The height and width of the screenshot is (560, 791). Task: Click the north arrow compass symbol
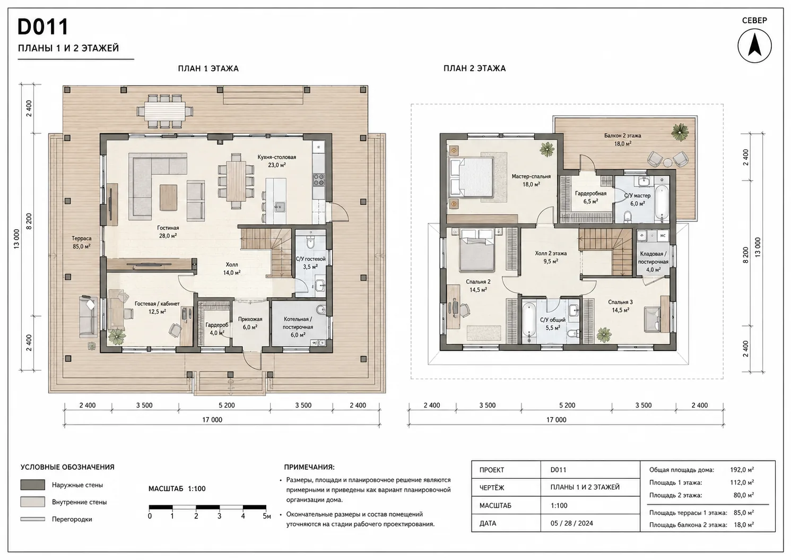754,46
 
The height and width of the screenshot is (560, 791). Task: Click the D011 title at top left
43,27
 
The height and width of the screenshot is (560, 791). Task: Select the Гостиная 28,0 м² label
168,232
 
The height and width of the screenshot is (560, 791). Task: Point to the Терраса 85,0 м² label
82,243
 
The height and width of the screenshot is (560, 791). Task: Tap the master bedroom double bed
471,177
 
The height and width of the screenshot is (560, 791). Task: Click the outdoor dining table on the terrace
165,111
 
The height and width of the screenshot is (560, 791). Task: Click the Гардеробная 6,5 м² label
590,197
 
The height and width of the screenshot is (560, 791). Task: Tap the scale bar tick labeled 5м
266,516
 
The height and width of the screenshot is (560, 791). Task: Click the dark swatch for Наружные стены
32,485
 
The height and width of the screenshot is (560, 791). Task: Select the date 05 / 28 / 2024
572,523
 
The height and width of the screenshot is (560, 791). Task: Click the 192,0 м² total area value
742,470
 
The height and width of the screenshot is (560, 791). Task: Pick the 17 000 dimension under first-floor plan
212,420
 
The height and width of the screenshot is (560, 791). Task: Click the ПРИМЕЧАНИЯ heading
309,467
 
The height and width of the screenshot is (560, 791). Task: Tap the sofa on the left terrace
88,316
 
